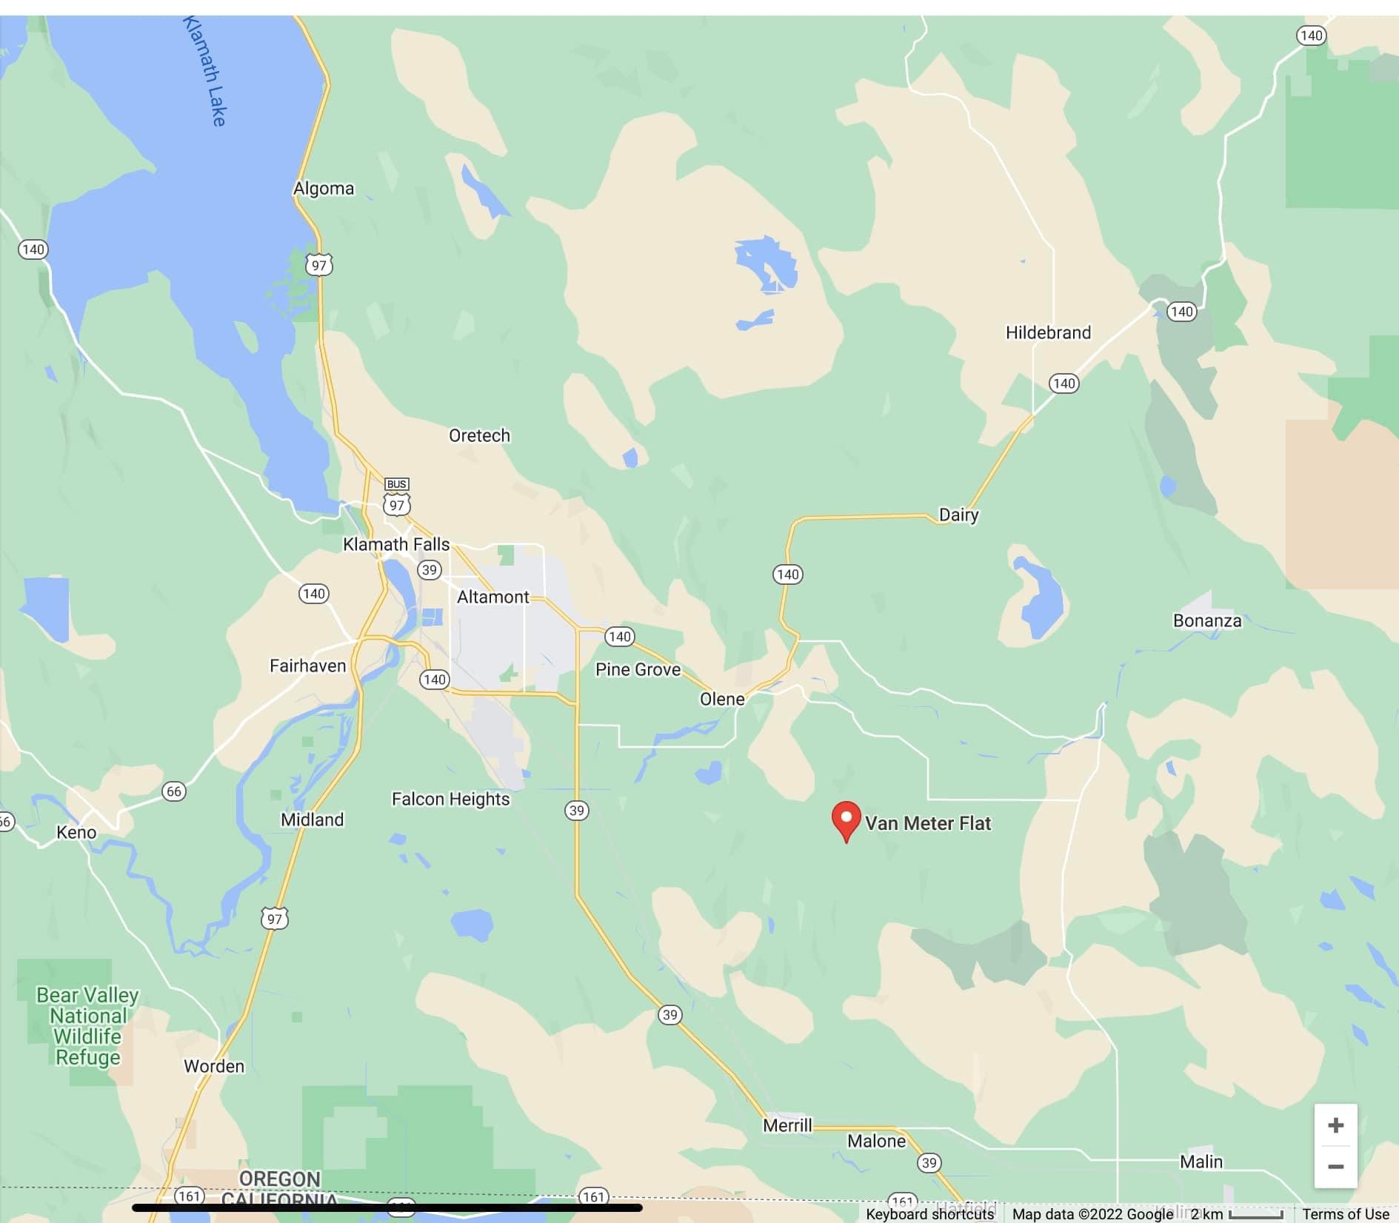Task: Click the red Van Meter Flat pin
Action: coord(846,820)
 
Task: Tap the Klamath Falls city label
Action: coord(396,544)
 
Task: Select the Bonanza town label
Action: coord(1206,620)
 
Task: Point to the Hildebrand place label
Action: coord(1048,332)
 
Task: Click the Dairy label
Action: coord(958,515)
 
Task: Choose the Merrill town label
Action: coord(787,1125)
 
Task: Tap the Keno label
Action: coord(76,832)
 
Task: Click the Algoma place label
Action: coord(324,189)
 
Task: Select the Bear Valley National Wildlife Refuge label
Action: coord(87,1026)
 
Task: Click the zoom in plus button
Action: coord(1335,1125)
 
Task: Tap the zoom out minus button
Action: coord(1335,1167)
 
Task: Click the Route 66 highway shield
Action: coord(174,791)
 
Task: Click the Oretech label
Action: coord(479,435)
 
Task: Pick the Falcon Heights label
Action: coord(450,799)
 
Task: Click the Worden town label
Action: coord(214,1066)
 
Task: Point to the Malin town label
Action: coord(1201,1162)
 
